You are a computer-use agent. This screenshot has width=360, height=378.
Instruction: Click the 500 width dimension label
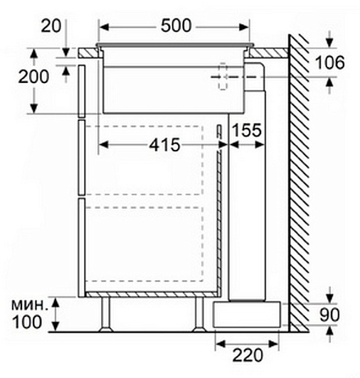click(176, 26)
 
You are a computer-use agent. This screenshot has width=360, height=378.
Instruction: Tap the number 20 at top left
click(51, 26)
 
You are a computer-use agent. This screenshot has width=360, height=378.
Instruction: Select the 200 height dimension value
click(34, 77)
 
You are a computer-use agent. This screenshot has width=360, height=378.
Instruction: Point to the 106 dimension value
click(330, 63)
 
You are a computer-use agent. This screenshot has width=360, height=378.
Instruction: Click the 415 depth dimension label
click(164, 145)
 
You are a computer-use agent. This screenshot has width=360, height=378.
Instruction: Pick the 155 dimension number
click(246, 131)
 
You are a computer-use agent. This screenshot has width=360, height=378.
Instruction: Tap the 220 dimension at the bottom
click(248, 355)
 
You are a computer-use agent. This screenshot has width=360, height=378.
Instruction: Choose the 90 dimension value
click(329, 315)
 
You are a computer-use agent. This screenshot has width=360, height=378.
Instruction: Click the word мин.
click(28, 305)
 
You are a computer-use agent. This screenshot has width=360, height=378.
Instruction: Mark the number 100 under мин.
click(27, 322)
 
